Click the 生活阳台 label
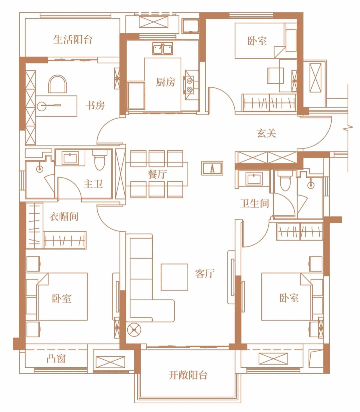pyautogui.click(x=73, y=40)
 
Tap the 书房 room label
pyautogui.click(x=95, y=105)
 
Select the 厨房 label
pyautogui.click(x=165, y=82)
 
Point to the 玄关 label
pyautogui.click(x=266, y=133)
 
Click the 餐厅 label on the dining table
pyautogui.click(x=157, y=174)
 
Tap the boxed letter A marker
pyautogui.click(x=212, y=168)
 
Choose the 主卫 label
pyautogui.click(x=93, y=183)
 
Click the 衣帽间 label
pyautogui.click(x=64, y=217)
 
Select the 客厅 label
pyautogui.click(x=205, y=274)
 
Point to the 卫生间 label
pyautogui.click(x=254, y=203)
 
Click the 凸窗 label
pyautogui.click(x=56, y=359)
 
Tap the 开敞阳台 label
pyautogui.click(x=188, y=375)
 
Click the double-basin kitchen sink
pyautogui.click(x=163, y=49)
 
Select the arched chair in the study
pyautogui.click(x=58, y=83)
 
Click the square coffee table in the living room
pyautogui.click(x=174, y=277)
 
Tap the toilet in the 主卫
pyautogui.click(x=99, y=161)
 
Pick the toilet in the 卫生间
pyautogui.click(x=285, y=182)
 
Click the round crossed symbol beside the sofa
pyautogui.click(x=134, y=330)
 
